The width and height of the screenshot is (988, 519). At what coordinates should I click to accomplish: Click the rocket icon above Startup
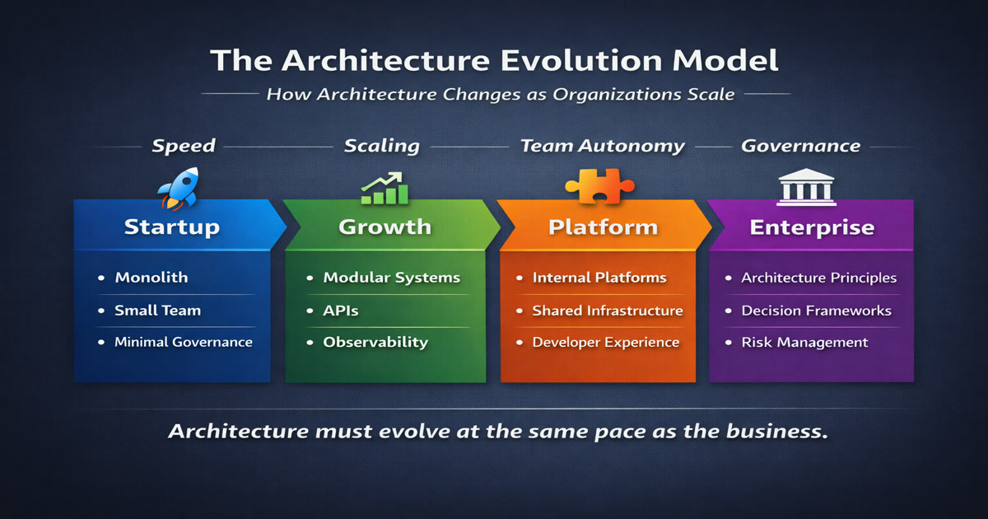[179, 188]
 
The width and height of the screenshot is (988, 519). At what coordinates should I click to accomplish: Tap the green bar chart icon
[384, 189]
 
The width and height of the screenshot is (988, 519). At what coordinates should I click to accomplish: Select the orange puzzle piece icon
[600, 186]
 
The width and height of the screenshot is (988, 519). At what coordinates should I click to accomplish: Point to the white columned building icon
[806, 187]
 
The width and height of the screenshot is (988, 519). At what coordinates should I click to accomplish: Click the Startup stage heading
[171, 227]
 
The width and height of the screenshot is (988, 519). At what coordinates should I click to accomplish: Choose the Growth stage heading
[385, 227]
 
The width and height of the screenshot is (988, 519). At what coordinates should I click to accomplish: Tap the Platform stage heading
[603, 227]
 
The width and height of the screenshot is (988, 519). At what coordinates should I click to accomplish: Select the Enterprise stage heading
[812, 228]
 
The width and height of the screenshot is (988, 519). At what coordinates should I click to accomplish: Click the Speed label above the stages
[184, 146]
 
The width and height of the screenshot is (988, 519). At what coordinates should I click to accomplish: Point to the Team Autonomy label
[603, 146]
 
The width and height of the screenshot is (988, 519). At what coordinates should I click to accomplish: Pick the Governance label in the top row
[800, 146]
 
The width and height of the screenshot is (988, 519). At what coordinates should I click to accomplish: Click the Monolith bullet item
[151, 277]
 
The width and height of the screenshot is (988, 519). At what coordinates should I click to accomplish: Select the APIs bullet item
[341, 311]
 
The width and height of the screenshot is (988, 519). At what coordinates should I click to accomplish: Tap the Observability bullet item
[375, 343]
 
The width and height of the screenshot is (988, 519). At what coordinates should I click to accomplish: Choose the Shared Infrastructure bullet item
[608, 311]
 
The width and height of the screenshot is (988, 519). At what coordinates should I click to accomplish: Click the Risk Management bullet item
[804, 343]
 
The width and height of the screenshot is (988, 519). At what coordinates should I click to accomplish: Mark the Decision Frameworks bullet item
[817, 311]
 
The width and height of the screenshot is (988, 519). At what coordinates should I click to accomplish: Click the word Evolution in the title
[581, 60]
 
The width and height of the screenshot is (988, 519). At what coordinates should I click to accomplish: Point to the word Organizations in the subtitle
[617, 95]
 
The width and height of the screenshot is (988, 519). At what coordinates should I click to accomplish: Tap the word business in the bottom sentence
[776, 431]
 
